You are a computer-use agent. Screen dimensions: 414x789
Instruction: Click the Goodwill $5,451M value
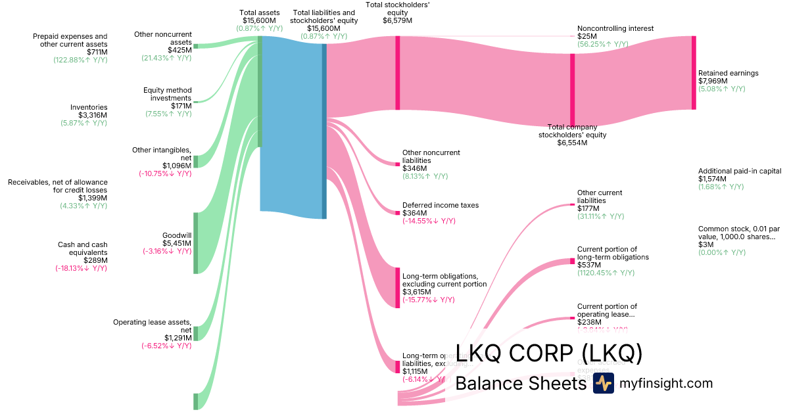pyautogui.click(x=177, y=243)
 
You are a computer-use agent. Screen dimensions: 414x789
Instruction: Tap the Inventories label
pyautogui.click(x=89, y=107)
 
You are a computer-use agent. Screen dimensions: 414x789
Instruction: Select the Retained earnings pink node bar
pyautogui.click(x=693, y=72)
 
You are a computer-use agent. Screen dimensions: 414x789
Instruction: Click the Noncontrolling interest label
pyautogui.click(x=615, y=29)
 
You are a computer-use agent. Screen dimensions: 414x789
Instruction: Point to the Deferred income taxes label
pyautogui.click(x=441, y=205)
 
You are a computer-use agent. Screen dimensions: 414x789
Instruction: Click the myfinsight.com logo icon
pyautogui.click(x=603, y=383)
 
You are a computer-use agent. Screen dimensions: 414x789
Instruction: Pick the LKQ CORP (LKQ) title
pyautogui.click(x=548, y=354)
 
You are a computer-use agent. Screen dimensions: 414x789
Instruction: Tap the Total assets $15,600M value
pyautogui.click(x=260, y=20)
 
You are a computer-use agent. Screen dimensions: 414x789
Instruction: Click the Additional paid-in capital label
pyautogui.click(x=740, y=171)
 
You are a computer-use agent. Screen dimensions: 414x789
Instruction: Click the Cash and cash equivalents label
pyautogui.click(x=82, y=248)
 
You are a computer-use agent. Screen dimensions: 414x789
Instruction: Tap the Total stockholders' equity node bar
pyautogui.click(x=397, y=72)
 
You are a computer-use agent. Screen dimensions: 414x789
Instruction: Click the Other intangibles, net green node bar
pyautogui.click(x=195, y=162)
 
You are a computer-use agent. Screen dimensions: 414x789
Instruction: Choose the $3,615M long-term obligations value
pyautogui.click(x=417, y=292)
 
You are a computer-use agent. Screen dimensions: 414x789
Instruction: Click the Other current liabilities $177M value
pyautogui.click(x=586, y=208)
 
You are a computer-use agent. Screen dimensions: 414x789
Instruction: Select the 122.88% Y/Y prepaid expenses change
pyautogui.click(x=80, y=60)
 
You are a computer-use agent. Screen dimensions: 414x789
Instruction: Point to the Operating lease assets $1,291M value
pyautogui.click(x=178, y=338)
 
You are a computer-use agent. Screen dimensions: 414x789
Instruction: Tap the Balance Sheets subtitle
pyautogui.click(x=520, y=383)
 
